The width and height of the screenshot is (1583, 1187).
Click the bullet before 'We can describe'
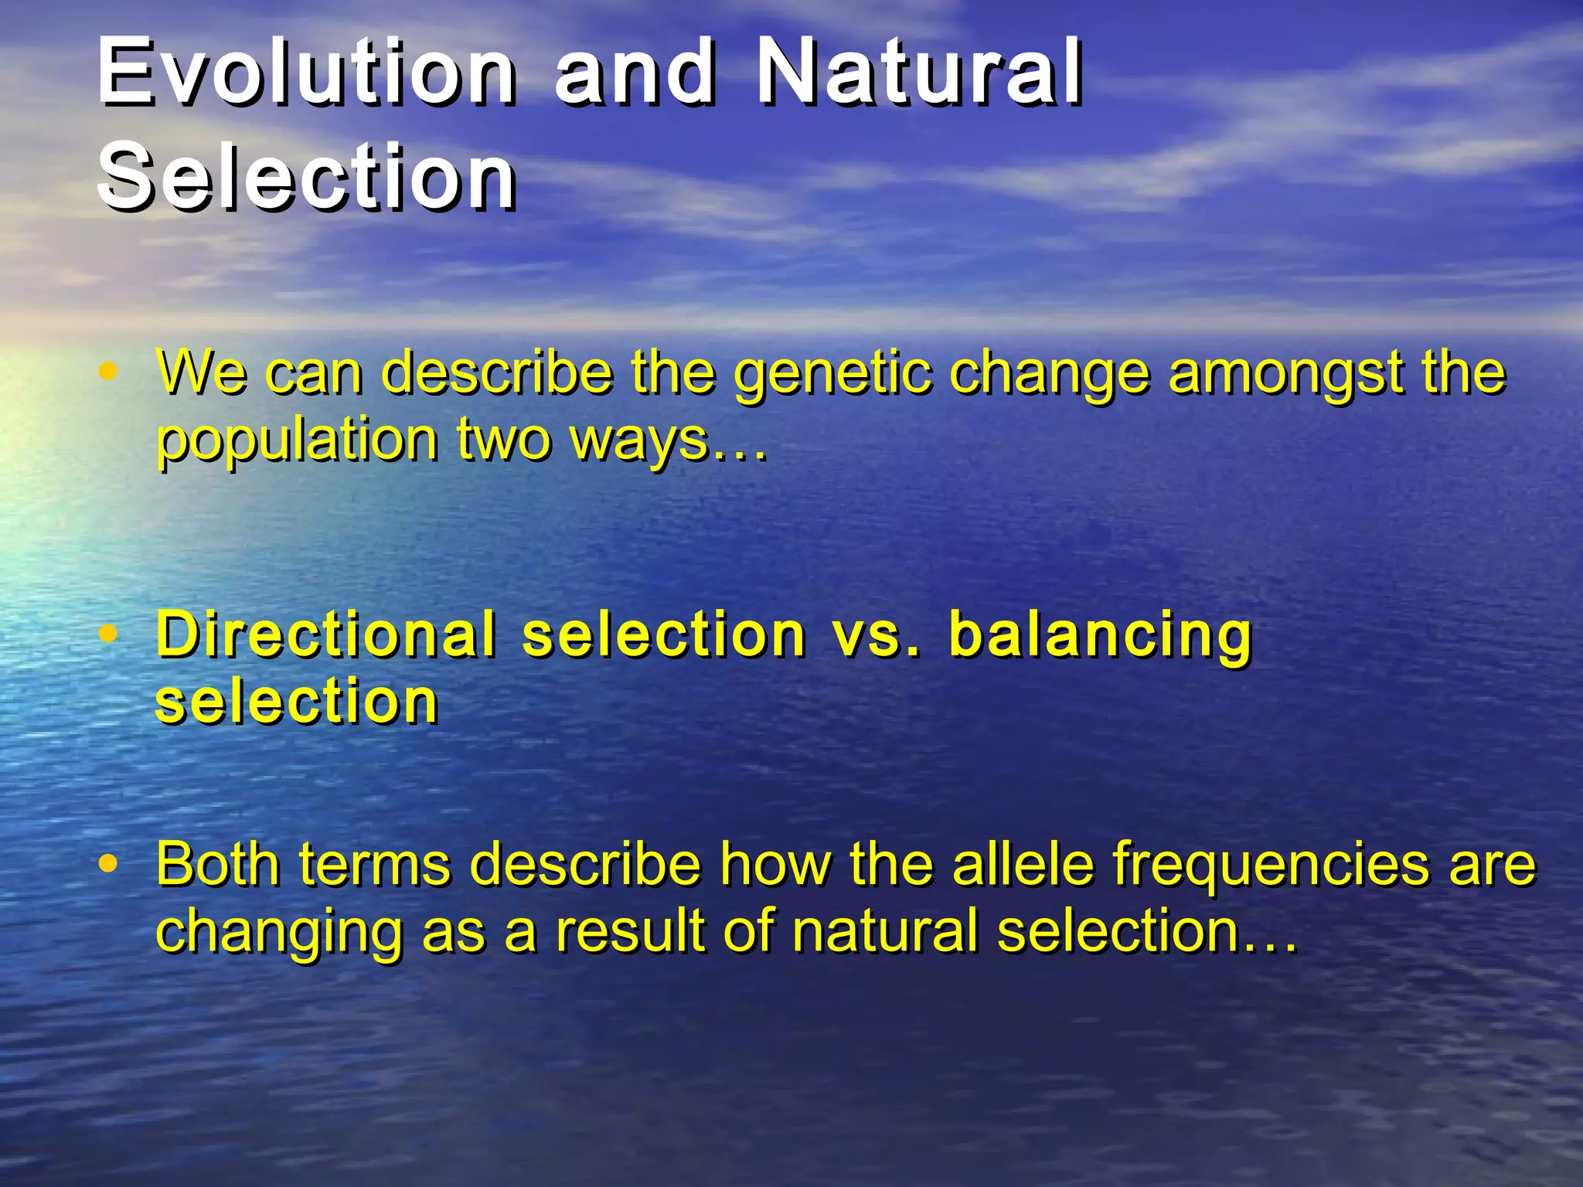pos(108,371)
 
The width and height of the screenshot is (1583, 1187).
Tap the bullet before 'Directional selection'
pos(108,634)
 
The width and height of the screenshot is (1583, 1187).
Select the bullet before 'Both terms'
pos(108,862)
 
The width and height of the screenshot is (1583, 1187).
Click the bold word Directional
pos(325,634)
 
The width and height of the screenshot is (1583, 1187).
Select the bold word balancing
pos(1099,636)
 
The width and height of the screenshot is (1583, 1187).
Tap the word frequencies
pos(1272,866)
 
